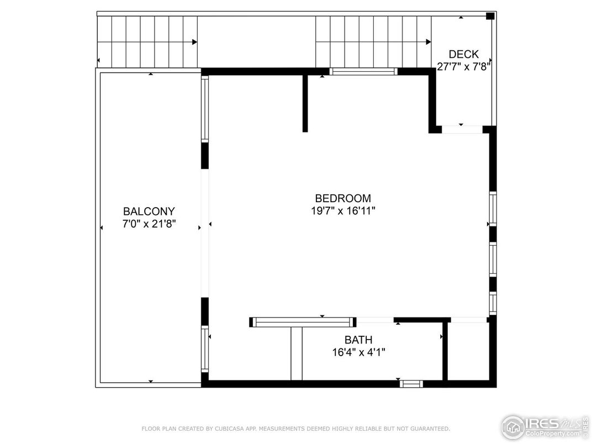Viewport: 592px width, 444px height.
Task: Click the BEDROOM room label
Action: coord(343,198)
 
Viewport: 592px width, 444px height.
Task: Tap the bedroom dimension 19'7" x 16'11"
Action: coord(343,210)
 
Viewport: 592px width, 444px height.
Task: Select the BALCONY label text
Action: coord(149,212)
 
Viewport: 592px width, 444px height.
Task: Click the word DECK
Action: coord(463,54)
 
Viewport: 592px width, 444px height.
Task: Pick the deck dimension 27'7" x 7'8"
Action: coord(463,66)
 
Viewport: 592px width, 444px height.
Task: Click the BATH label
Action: coord(358,340)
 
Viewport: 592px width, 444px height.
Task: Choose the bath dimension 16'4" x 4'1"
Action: coord(358,352)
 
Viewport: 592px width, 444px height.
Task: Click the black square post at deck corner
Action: coord(489,16)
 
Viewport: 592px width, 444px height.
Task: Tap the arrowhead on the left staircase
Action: coord(194,42)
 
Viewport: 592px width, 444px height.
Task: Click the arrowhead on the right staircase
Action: coord(428,42)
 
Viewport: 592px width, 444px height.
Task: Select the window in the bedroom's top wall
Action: coord(363,71)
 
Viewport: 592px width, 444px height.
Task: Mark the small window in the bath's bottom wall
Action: coord(411,383)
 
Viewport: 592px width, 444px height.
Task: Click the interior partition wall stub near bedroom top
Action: coord(305,103)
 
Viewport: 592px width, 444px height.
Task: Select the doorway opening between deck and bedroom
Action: coord(462,130)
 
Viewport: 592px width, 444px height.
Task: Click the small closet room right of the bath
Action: coord(468,351)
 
